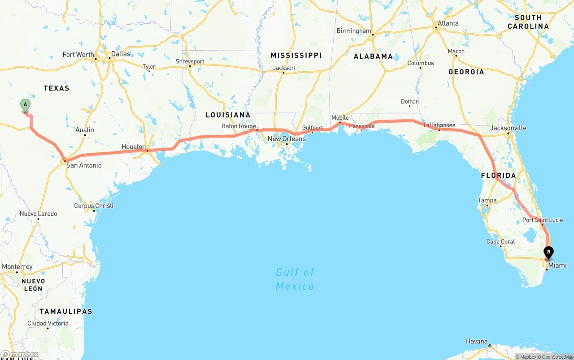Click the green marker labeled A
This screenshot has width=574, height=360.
[x=26, y=105]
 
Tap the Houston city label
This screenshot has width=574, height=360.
[x=133, y=147]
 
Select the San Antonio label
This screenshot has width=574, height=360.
[x=84, y=165]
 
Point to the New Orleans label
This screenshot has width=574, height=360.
[x=287, y=139]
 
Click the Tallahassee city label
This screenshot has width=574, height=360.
[x=439, y=126]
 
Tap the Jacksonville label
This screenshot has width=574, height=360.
[x=508, y=128]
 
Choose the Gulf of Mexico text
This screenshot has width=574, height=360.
[x=295, y=279]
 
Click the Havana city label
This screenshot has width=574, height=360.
[x=476, y=341]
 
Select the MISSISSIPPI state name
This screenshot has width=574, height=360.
[x=296, y=55]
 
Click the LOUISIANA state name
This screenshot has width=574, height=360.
[x=228, y=115]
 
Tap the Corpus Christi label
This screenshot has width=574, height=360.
[x=93, y=206]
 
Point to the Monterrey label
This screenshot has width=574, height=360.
[x=17, y=267]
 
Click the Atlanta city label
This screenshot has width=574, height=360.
[x=448, y=23]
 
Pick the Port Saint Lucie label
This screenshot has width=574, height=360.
[x=542, y=220]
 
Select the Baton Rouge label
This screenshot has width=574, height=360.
[x=239, y=126]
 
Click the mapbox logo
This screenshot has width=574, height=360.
[x=20, y=355]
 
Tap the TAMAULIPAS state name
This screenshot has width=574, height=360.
[x=65, y=311]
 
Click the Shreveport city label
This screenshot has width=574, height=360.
[x=190, y=61]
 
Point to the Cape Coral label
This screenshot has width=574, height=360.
[x=500, y=242]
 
